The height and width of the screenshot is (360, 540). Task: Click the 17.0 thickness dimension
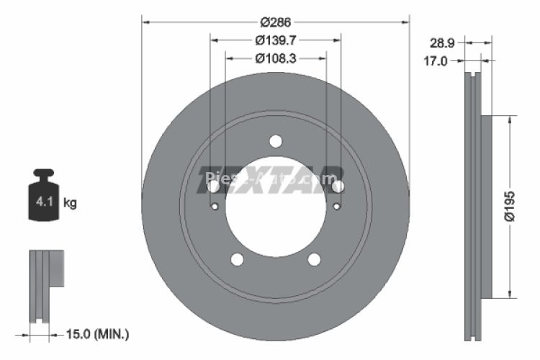[434, 62]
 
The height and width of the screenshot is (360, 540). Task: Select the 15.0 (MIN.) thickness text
[96, 333]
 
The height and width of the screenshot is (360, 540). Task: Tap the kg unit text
[70, 203]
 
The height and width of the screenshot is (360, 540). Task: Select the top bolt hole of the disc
[276, 141]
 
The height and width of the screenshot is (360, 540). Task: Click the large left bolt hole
[214, 186]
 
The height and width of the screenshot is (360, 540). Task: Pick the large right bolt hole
[338, 186]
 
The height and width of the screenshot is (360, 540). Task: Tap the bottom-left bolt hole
[238, 260]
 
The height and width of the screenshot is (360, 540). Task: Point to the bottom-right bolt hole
[314, 260]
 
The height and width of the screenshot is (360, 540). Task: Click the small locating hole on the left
[215, 207]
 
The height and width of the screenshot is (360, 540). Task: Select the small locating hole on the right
[336, 207]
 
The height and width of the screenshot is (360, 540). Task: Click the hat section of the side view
[486, 206]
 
